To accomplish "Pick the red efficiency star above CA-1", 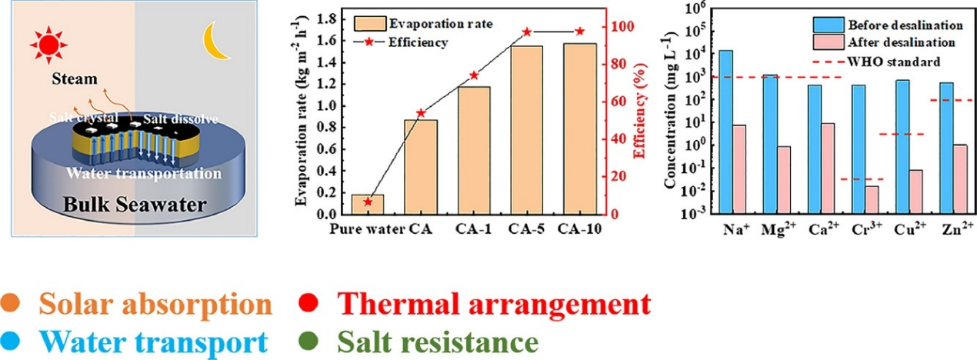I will click(x=474, y=75).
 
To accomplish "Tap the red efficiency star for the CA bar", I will click(x=421, y=113).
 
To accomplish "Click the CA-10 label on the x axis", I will click(x=579, y=228).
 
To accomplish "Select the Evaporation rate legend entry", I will click(x=408, y=22).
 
